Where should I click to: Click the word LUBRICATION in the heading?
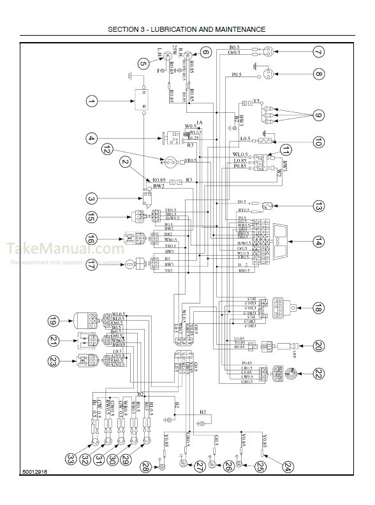179,29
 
